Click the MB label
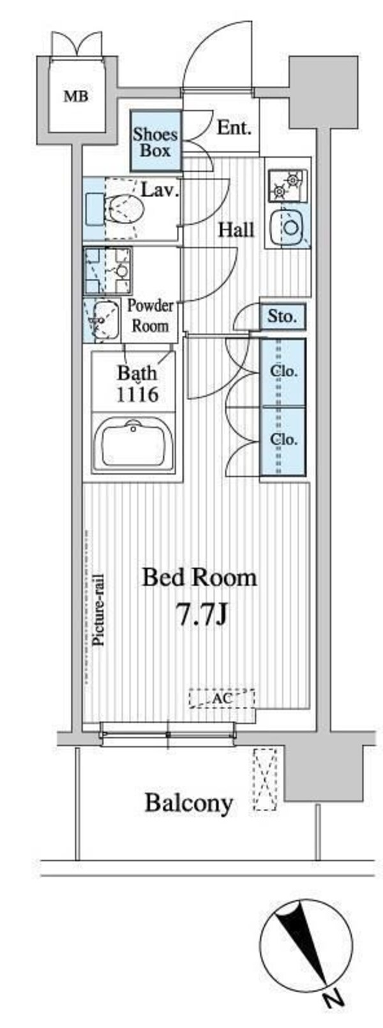(x=76, y=96)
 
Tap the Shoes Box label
(x=155, y=142)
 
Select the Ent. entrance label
(x=234, y=128)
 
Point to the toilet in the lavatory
(x=124, y=209)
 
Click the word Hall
(x=236, y=230)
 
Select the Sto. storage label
(x=282, y=317)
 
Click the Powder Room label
(x=151, y=316)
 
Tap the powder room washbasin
(x=103, y=321)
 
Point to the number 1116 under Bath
(x=137, y=394)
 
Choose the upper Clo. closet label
(x=283, y=372)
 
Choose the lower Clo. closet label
(x=283, y=439)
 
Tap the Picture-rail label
(x=98, y=610)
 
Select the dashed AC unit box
(x=222, y=699)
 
